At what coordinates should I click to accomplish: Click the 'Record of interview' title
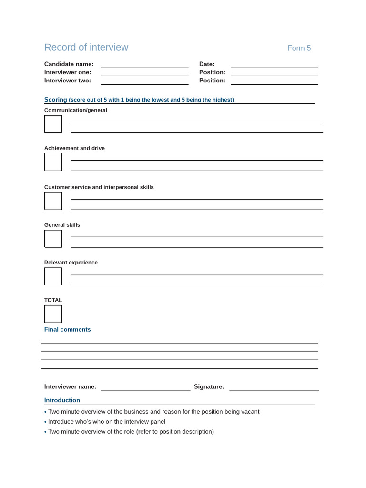coord(86,47)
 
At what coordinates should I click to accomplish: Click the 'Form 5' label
coord(299,48)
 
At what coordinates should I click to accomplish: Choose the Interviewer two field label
coord(68,81)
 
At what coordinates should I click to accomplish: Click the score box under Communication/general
coord(53,124)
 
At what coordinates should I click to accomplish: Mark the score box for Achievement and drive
coord(53,162)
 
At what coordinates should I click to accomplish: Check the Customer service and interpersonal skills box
coord(53,201)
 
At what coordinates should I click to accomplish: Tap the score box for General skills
coord(53,239)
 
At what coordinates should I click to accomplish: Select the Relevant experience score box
coord(53,276)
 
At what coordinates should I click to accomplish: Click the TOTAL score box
coord(53,314)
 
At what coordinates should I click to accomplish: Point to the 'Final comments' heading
coord(67,330)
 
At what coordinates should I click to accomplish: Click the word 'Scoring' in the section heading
coord(56,100)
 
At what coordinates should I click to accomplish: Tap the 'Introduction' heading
coord(62,400)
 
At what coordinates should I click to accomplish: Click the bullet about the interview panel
coord(107,422)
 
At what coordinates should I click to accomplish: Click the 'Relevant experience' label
coord(71,263)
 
